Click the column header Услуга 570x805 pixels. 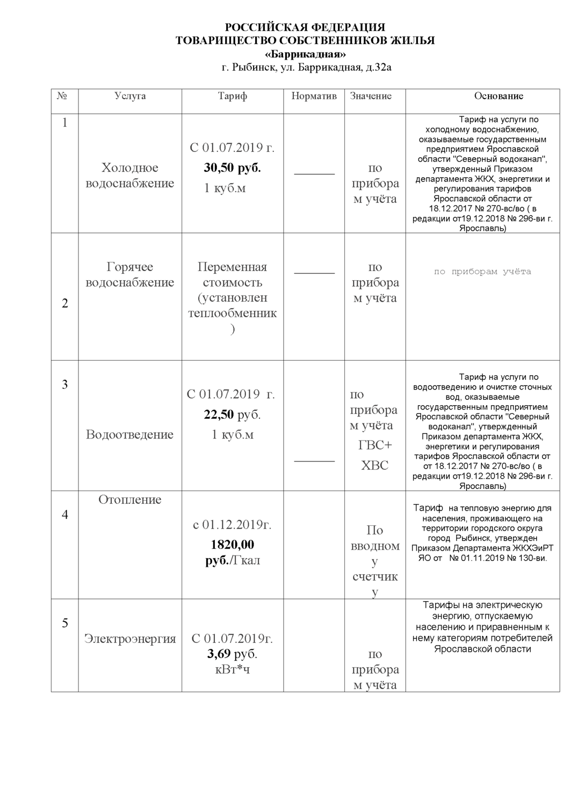pos(130,96)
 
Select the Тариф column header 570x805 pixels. pos(232,96)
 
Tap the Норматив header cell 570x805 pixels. pos(314,96)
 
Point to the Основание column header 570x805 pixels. pos(498,96)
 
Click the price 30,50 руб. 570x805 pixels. pos(232,168)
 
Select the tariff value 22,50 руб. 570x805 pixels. pos(232,414)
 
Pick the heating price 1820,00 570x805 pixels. pos(232,545)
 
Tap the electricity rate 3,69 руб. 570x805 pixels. pos(232,654)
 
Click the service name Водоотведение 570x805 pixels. pos(129,434)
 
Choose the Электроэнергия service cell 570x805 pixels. pos(130,639)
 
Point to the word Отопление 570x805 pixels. pos(129,500)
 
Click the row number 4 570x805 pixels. pos(65,515)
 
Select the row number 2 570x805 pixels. pos(65,304)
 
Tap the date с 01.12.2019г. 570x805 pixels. pos(232,524)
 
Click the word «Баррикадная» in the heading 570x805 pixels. pos(305,54)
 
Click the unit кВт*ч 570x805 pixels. pos(232,669)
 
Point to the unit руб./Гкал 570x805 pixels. pos(232,561)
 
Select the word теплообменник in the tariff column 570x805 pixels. pos(232,313)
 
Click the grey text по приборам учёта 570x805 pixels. pos(482,272)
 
